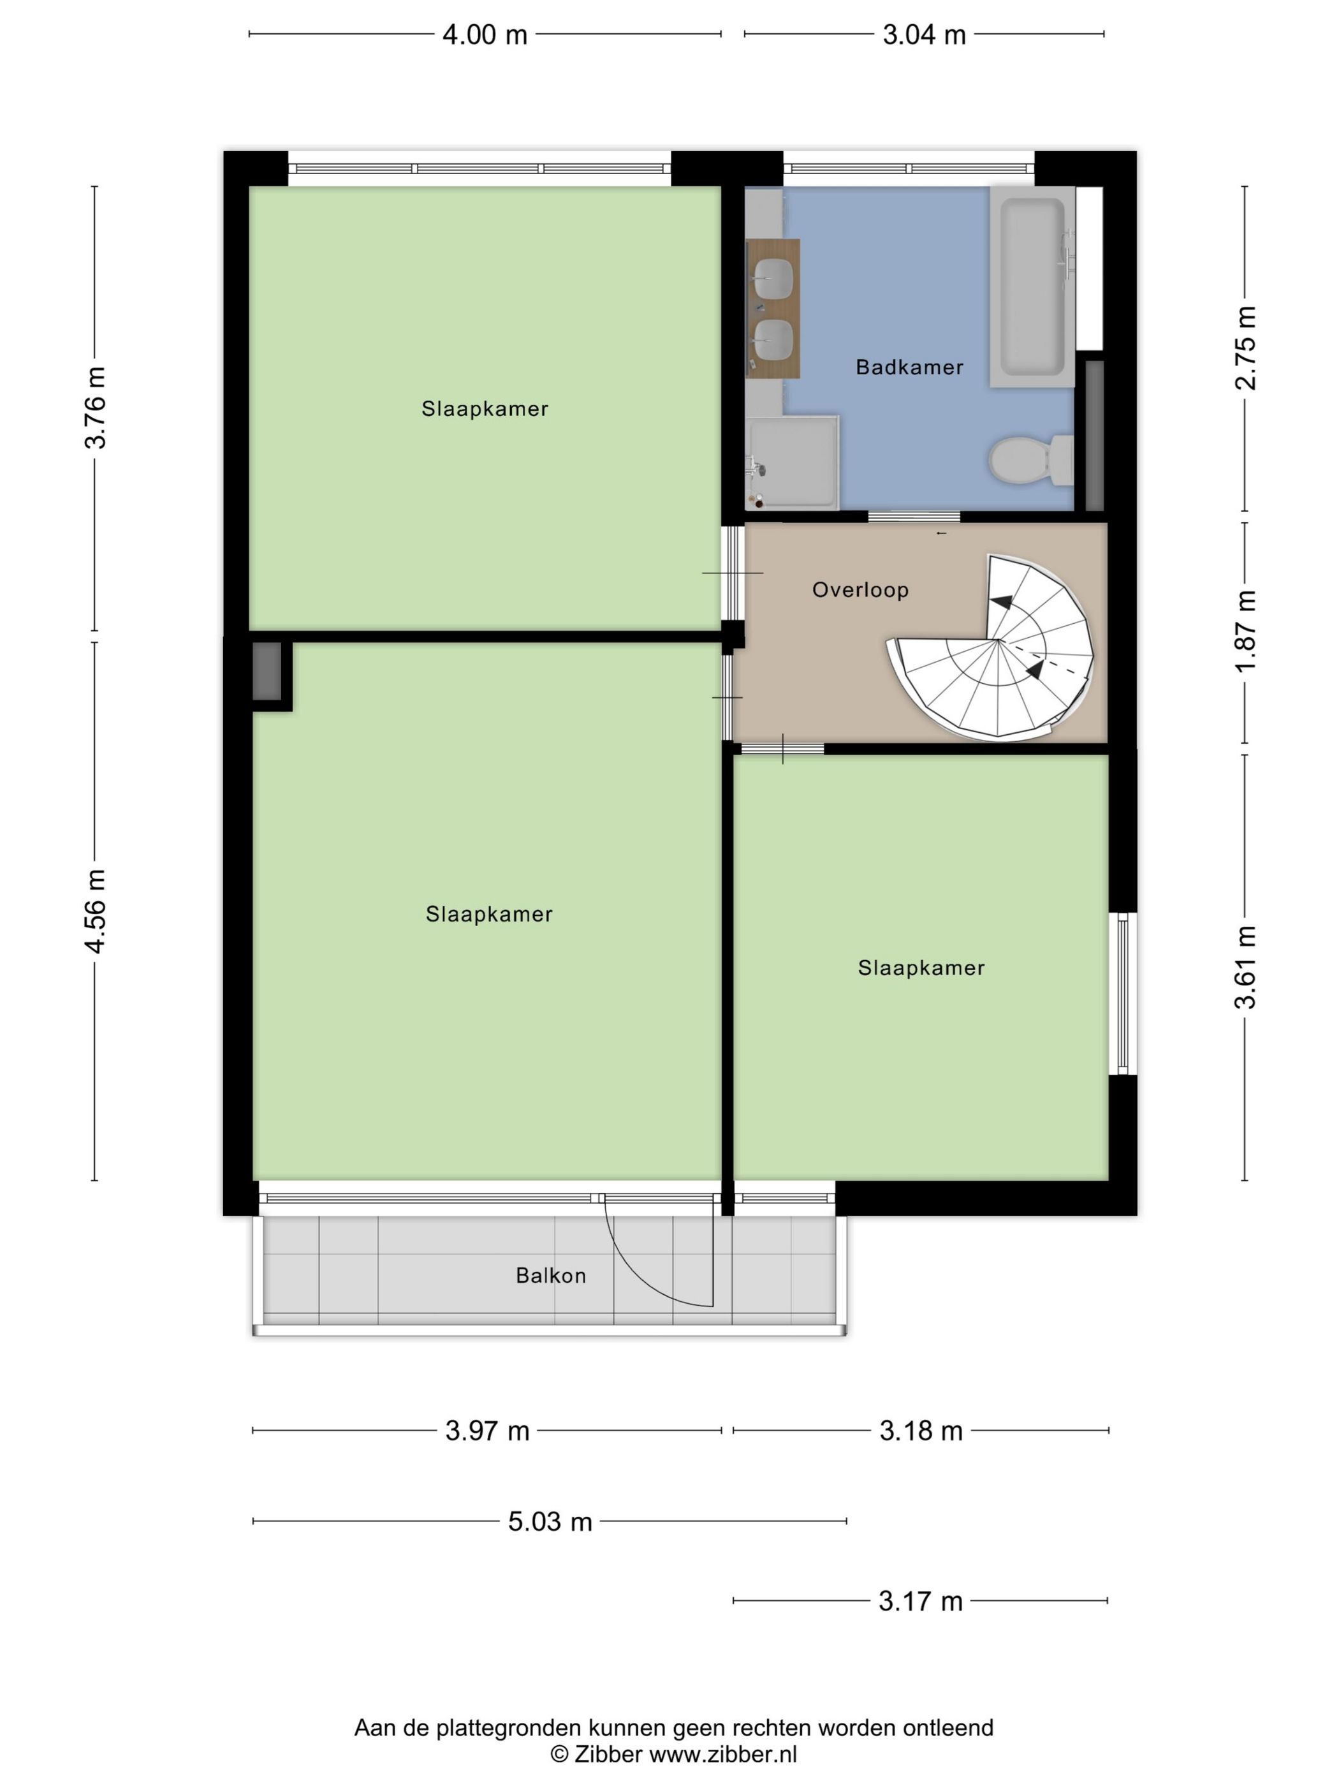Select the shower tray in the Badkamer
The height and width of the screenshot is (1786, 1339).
point(793,464)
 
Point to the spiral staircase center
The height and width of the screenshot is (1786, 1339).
point(999,641)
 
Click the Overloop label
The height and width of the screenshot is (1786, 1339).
point(860,590)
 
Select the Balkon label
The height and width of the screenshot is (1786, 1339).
point(550,1276)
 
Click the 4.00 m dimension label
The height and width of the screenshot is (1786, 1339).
point(484,34)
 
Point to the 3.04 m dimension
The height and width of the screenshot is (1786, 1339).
point(923,34)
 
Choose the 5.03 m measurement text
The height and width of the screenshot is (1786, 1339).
point(550,1522)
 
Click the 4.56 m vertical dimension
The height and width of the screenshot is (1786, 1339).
point(95,911)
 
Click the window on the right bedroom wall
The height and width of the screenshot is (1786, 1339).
point(1122,993)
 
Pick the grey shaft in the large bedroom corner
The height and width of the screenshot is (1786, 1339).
point(267,671)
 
